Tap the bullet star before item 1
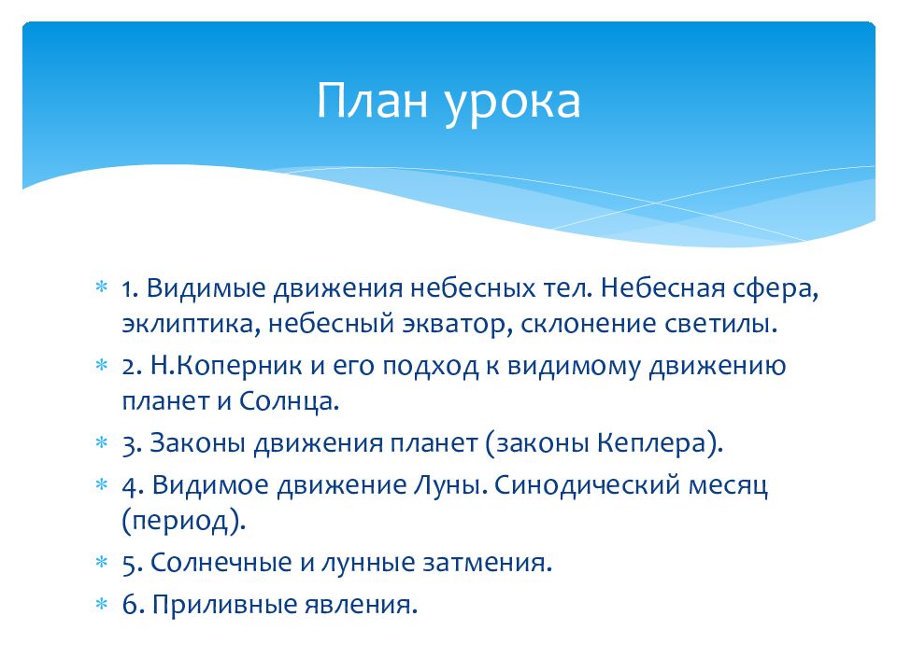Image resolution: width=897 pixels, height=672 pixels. coord(101,287)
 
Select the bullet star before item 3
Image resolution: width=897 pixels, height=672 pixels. coord(101,441)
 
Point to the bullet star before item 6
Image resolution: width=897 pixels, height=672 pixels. coord(101,604)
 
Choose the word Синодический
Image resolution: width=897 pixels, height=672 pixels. coord(587,485)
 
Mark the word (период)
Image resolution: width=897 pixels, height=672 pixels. coord(184,521)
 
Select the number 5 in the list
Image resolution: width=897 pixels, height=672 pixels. coord(132,563)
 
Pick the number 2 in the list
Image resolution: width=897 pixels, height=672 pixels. coord(132,366)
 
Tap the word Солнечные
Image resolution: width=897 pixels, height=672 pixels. coord(221,563)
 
